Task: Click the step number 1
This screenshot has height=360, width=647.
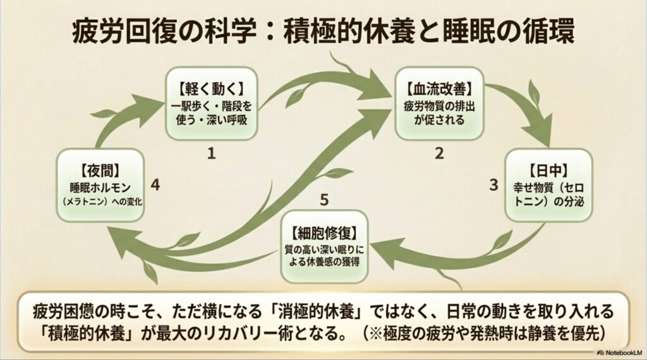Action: tap(212, 152)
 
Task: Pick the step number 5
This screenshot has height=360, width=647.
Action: tap(323, 201)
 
